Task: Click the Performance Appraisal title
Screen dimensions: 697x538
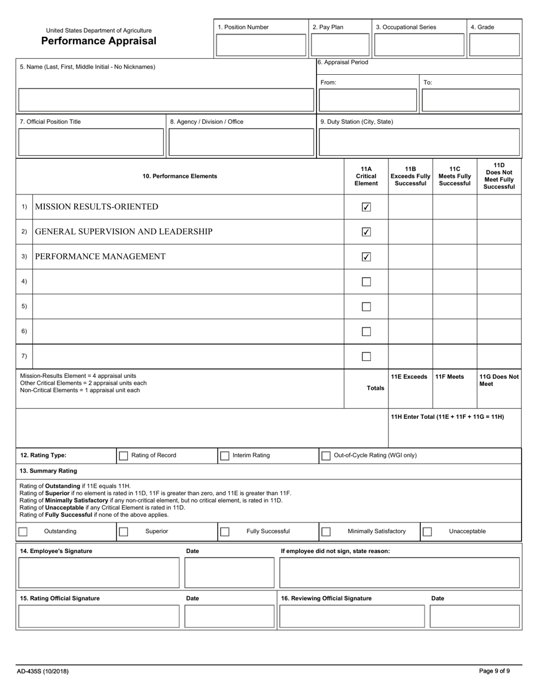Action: pos(99,41)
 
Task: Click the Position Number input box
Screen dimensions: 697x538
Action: pos(261,45)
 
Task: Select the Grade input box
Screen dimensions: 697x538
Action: pos(494,45)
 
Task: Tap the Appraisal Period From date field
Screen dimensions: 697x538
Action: pos(368,100)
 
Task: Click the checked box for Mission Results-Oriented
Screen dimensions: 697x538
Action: pos(366,207)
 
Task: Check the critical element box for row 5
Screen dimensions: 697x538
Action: pos(366,307)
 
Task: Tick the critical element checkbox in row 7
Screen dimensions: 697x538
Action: pos(366,356)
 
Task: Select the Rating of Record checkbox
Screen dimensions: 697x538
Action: pos(123,456)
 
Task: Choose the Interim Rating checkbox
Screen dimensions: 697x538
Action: pos(225,456)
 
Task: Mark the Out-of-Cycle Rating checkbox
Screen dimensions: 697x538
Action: pos(326,456)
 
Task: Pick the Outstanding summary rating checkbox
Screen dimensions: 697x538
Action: pos(23,532)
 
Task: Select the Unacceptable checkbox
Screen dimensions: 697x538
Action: pos(428,532)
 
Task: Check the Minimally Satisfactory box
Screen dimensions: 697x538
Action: pos(326,532)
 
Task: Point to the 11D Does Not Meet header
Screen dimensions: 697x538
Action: pos(499,176)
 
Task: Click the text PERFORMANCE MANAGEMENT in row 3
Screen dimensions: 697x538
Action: pos(100,257)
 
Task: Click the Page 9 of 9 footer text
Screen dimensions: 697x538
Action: pos(494,671)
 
